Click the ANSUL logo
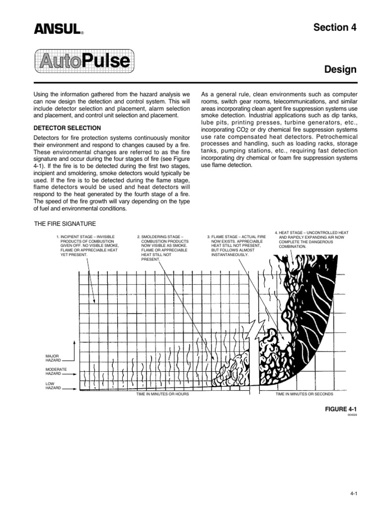pyautogui.click(x=57, y=30)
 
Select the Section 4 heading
pyautogui.click(x=335, y=28)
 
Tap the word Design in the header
pyautogui.click(x=340, y=70)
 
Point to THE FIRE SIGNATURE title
pyautogui.click(x=64, y=224)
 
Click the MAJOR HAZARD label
pyautogui.click(x=52, y=357)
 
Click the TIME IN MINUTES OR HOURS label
pyautogui.click(x=162, y=394)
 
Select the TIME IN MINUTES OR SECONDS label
pyautogui.click(x=304, y=394)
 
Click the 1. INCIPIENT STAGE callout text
pyautogui.click(x=87, y=246)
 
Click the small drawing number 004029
pyautogui.click(x=352, y=415)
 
